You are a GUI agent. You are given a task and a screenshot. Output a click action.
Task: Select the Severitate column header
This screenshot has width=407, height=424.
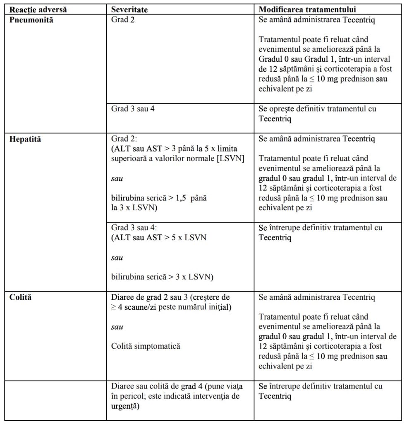[x=129, y=9]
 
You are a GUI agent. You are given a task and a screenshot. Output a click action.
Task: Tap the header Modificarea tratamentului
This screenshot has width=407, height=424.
[x=307, y=9]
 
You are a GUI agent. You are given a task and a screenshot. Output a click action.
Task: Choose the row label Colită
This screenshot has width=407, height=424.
[x=22, y=297]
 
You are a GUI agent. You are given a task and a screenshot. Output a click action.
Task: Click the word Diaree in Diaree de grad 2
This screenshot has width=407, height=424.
[x=123, y=297]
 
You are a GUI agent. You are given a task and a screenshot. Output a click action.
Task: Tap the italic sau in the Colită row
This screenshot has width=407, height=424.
[x=117, y=327]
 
